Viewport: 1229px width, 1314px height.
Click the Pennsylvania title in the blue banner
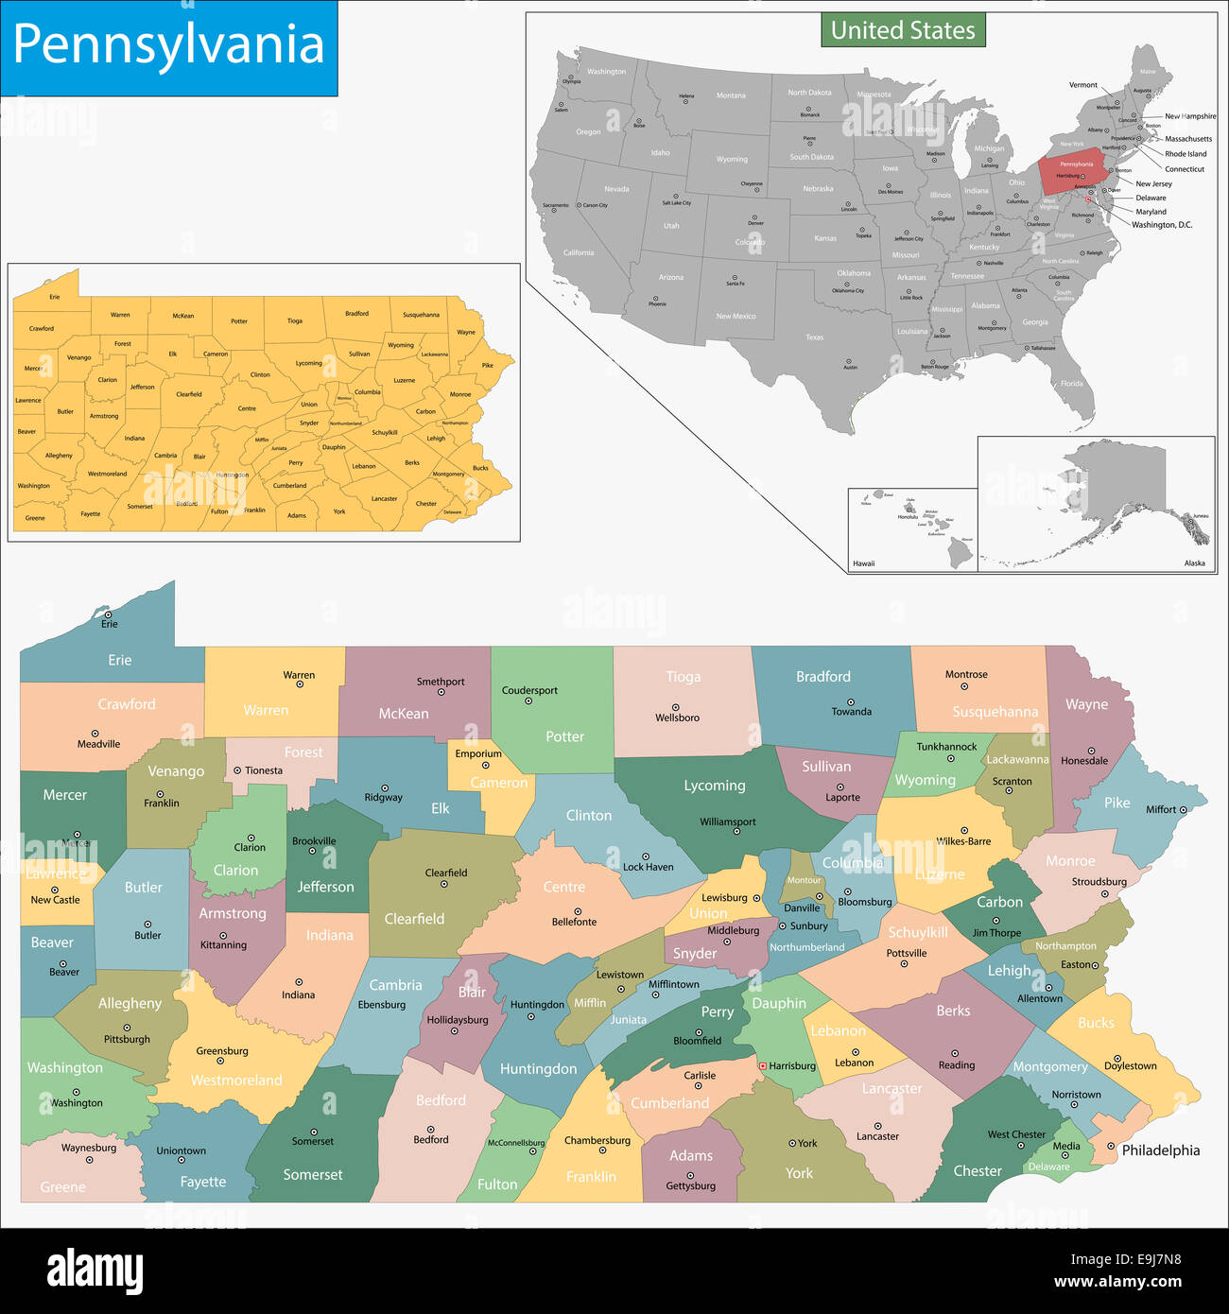click(x=168, y=45)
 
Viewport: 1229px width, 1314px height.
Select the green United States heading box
click(x=903, y=30)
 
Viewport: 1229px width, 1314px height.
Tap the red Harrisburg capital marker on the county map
click(x=763, y=1065)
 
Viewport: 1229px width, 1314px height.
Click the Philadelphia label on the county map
click(x=1160, y=1150)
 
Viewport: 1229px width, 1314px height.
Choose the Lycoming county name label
click(x=715, y=786)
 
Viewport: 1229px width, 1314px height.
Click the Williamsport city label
click(x=728, y=821)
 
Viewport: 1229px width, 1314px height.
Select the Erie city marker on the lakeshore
click(x=108, y=614)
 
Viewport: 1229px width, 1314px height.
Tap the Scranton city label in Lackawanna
click(x=1012, y=782)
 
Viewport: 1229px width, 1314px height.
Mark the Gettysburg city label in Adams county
click(x=691, y=1185)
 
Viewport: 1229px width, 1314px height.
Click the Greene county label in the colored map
click(x=62, y=1187)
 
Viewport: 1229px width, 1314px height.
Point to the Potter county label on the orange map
click(x=239, y=321)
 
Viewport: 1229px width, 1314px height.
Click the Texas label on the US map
click(x=814, y=337)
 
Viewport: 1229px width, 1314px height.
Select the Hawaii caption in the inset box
click(x=864, y=563)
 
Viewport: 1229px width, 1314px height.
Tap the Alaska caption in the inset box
click(x=1195, y=563)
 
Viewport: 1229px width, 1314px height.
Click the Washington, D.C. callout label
click(x=1162, y=225)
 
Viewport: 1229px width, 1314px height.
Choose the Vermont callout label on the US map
click(x=1083, y=85)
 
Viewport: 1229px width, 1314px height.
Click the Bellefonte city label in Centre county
click(x=574, y=922)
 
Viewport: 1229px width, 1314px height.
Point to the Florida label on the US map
click(x=1071, y=384)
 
